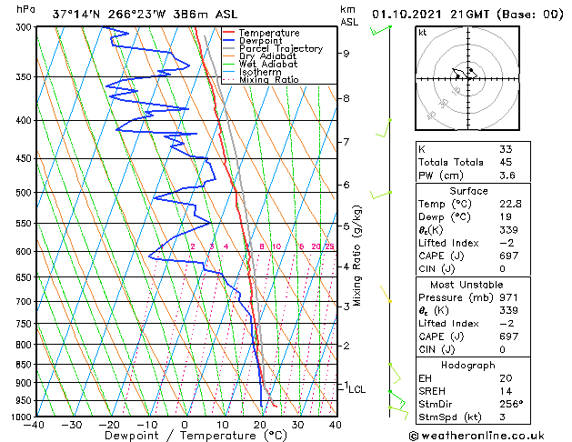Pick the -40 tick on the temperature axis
(x=35, y=425)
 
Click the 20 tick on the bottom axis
(x=260, y=425)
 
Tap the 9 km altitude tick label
(x=346, y=53)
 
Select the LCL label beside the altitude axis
(x=357, y=389)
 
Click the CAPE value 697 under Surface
(x=509, y=256)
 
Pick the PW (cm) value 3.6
(x=506, y=176)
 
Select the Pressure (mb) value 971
(x=509, y=297)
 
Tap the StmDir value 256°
(x=511, y=405)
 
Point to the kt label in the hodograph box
(x=423, y=33)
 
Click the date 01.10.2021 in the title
(x=412, y=15)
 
